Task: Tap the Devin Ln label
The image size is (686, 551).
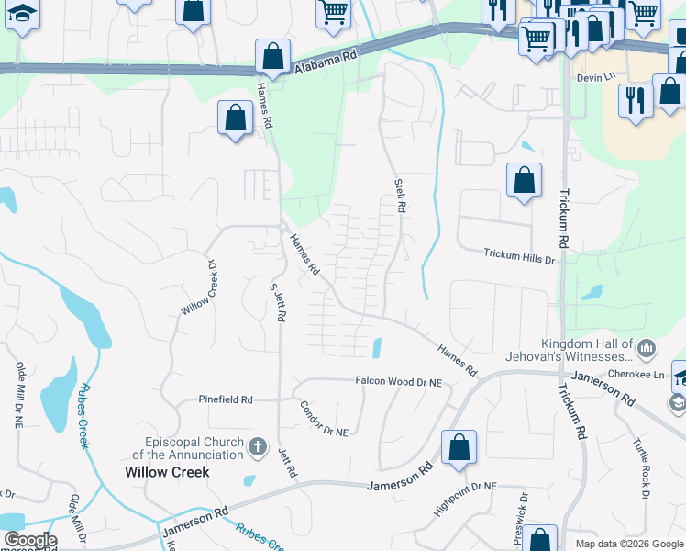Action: pos(595,77)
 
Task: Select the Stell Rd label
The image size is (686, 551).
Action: pos(400,196)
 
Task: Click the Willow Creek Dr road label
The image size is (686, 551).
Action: pos(197,287)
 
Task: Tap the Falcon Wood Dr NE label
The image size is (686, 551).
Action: pos(399,381)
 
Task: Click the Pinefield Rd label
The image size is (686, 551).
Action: pos(226,399)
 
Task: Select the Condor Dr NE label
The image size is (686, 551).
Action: pos(326,419)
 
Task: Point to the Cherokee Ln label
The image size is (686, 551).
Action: pos(647,375)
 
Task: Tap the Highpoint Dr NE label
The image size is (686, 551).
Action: pos(465,497)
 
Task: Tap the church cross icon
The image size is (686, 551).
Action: pos(259,449)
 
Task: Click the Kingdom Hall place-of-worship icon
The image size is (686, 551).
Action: pos(647,349)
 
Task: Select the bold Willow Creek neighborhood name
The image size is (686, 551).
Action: pos(167,472)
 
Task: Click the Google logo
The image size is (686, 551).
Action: pos(29,540)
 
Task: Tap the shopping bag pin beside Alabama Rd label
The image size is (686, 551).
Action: pos(272,57)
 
